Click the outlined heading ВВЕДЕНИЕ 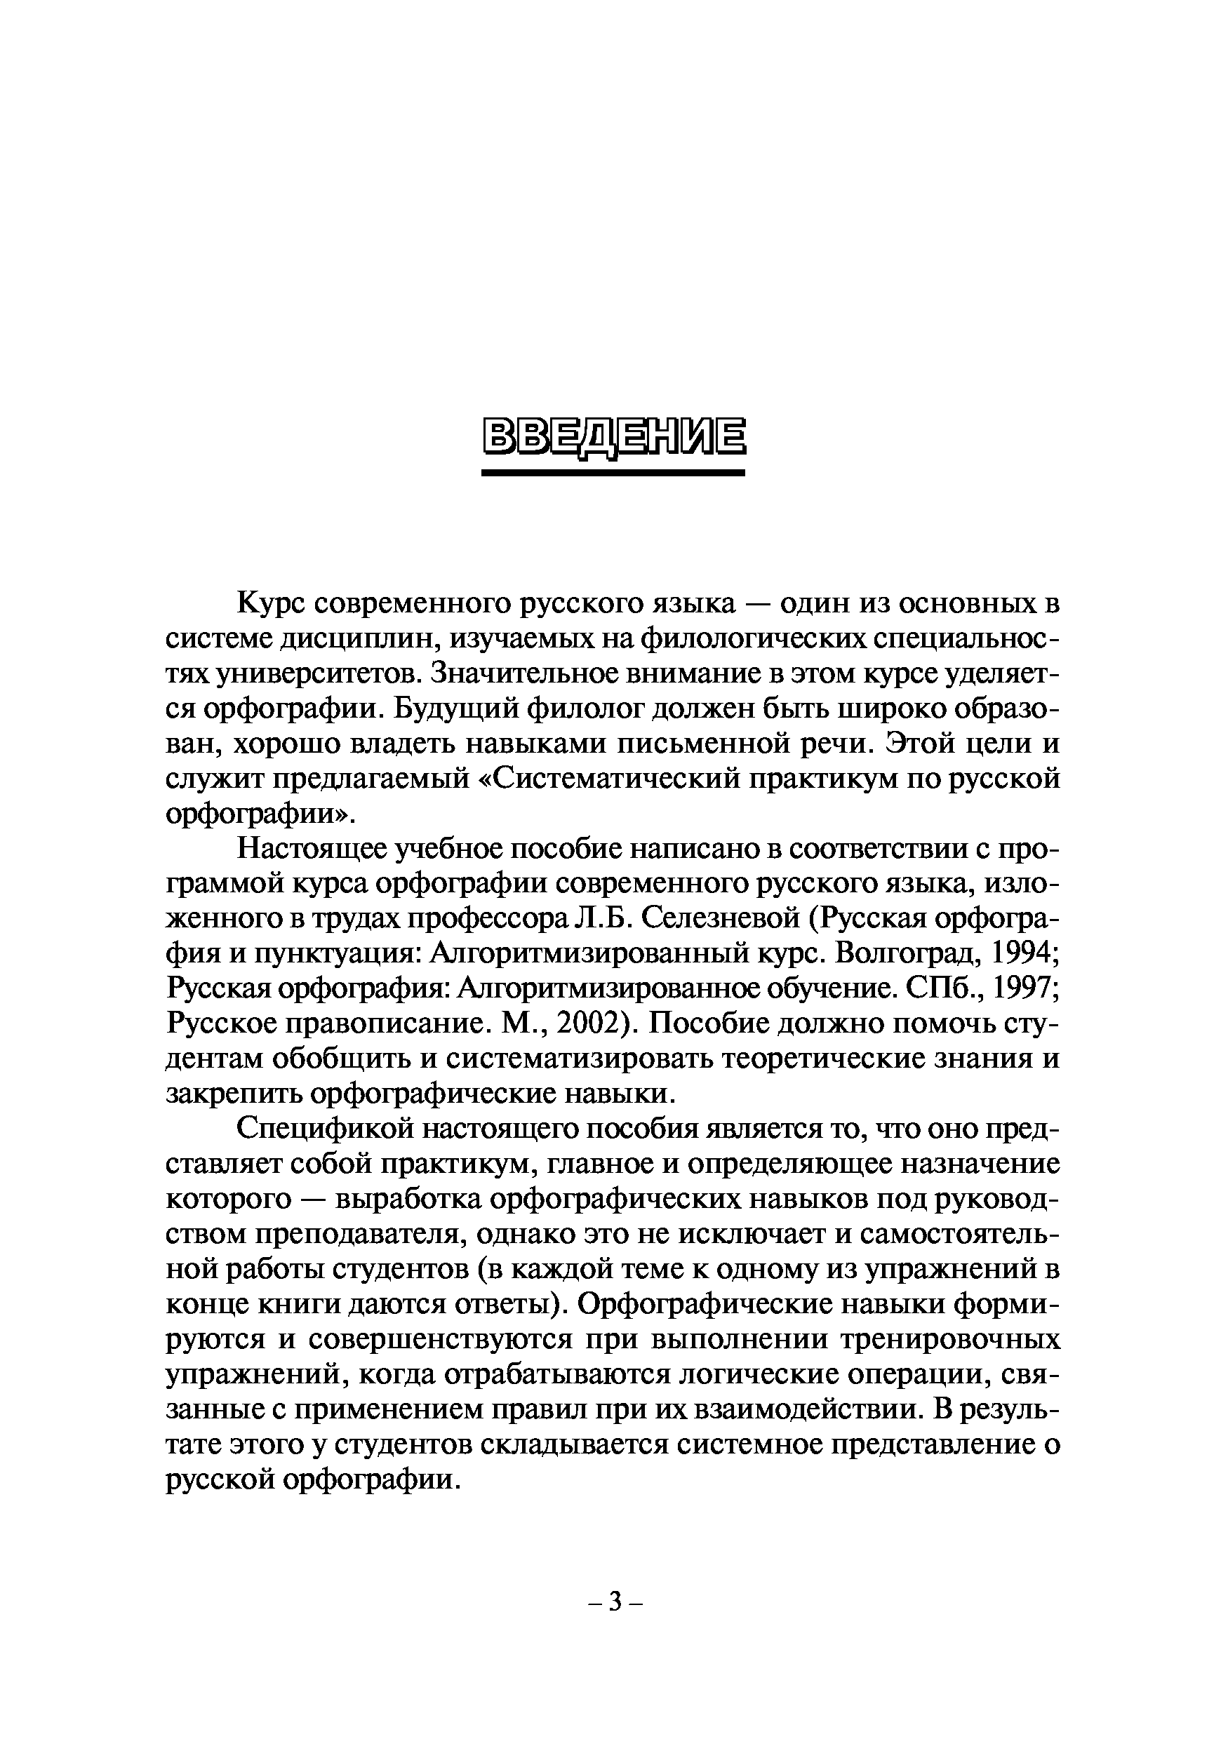(613, 437)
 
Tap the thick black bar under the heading (613, 473)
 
